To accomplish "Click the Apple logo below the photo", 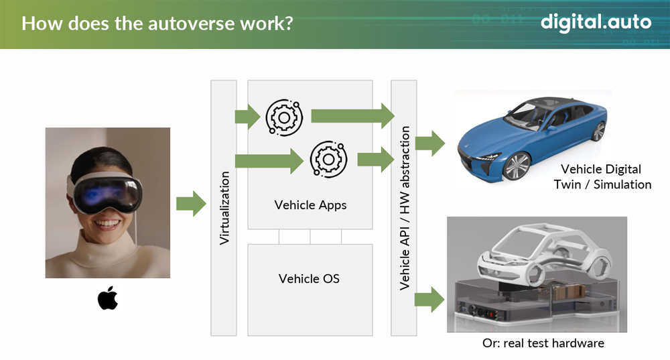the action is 108,298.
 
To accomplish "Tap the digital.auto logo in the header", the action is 596,23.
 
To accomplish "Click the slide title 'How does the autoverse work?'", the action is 157,23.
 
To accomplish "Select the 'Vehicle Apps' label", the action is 310,205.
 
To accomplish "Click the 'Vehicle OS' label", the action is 309,279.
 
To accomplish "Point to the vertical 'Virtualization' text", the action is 224,208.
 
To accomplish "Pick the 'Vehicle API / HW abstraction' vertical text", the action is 404,208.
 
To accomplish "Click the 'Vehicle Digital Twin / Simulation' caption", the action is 602,176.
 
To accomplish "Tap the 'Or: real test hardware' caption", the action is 543,343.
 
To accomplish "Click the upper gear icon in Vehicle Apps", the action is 284,117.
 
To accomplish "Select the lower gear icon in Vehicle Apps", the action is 328,159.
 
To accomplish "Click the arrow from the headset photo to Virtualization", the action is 191,204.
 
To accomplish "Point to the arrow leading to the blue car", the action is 430,143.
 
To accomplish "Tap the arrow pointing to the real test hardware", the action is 429,299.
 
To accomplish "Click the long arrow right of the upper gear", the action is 353,116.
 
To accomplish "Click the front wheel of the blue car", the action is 517,165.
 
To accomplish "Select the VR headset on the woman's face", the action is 105,192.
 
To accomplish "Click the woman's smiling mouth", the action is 107,224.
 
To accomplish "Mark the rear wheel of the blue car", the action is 598,131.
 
